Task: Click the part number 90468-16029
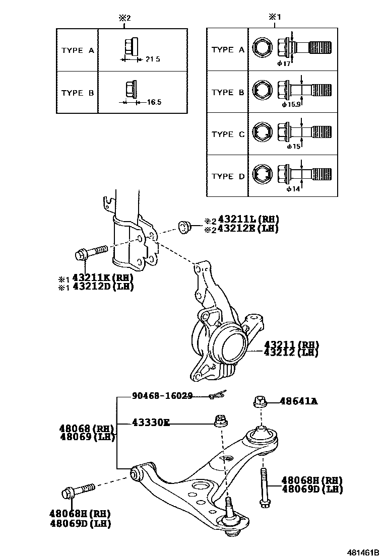click(x=162, y=396)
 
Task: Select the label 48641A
click(x=299, y=401)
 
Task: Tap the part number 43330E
click(x=151, y=423)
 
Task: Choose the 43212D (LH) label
click(x=103, y=286)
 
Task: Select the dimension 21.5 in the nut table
click(x=152, y=59)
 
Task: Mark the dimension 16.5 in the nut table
click(x=154, y=102)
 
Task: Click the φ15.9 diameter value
click(x=291, y=105)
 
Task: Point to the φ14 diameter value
click(x=293, y=189)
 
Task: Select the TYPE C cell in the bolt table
click(x=228, y=134)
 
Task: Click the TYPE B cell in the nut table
click(x=78, y=93)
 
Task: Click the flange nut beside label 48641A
click(x=258, y=401)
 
